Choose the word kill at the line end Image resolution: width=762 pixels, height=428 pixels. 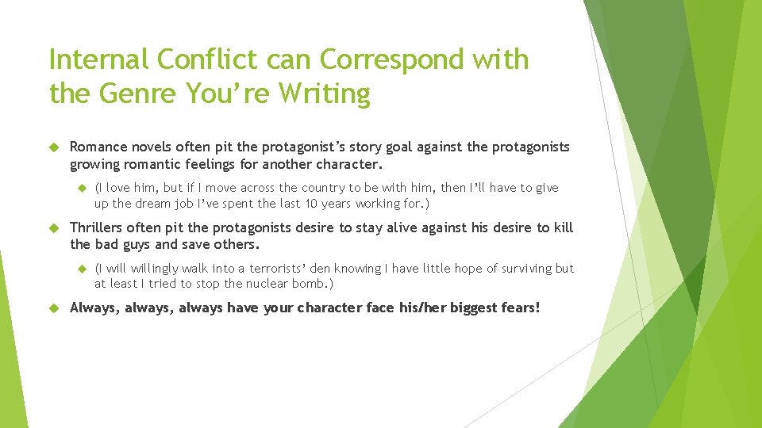(562, 227)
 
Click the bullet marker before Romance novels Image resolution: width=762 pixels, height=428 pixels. (54, 147)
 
